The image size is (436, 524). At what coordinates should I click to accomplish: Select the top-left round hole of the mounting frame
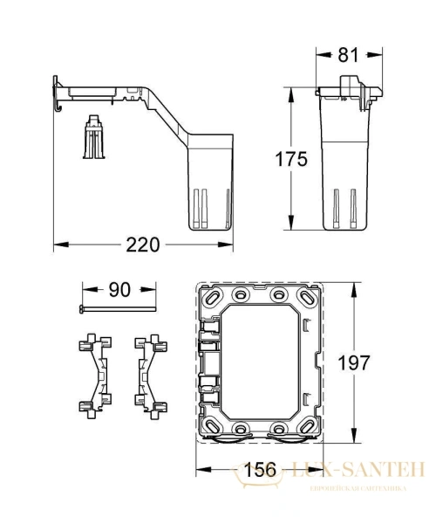tap(236, 293)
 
